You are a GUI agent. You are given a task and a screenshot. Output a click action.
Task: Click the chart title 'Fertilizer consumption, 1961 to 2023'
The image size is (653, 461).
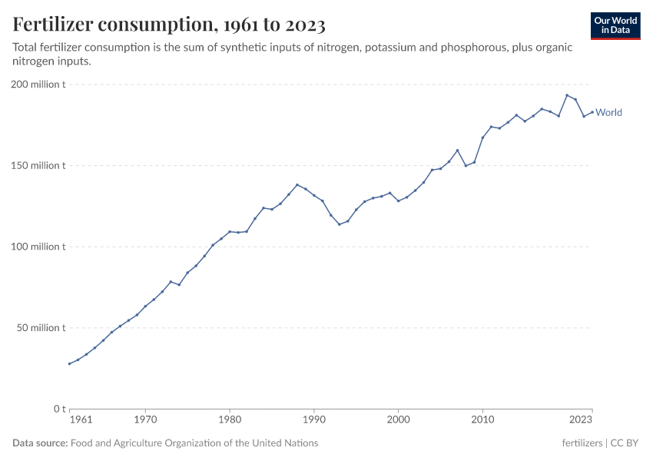pyautogui.click(x=169, y=25)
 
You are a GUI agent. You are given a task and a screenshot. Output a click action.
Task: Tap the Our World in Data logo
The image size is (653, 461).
pyautogui.click(x=615, y=25)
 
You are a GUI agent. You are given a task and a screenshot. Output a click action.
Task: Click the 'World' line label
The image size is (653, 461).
pyautogui.click(x=608, y=112)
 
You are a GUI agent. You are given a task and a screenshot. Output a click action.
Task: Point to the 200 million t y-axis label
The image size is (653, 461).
pyautogui.click(x=38, y=85)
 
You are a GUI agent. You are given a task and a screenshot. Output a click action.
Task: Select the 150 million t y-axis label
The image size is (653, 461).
pyautogui.click(x=38, y=165)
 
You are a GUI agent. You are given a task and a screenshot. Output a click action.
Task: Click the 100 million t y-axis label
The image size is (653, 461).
pyautogui.click(x=38, y=247)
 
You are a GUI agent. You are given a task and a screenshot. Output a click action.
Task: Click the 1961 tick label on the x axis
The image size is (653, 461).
pyautogui.click(x=81, y=420)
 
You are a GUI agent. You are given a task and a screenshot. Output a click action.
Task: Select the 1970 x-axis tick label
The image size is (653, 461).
pyautogui.click(x=145, y=420)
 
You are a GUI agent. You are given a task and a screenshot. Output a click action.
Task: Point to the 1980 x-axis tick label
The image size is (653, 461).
pyautogui.click(x=230, y=420)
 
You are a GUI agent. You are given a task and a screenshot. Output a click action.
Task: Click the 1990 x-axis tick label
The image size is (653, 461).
pyautogui.click(x=313, y=420)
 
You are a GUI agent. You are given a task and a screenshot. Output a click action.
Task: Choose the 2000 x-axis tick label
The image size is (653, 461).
pyautogui.click(x=398, y=420)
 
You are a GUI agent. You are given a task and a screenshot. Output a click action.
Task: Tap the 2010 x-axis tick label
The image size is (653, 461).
pyautogui.click(x=482, y=420)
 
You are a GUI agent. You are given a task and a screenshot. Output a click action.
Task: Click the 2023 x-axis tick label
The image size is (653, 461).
pyautogui.click(x=581, y=420)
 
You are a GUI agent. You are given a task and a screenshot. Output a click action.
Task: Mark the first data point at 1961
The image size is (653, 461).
pyautogui.click(x=70, y=363)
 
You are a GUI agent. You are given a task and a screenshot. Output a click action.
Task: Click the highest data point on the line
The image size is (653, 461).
pyautogui.click(x=567, y=95)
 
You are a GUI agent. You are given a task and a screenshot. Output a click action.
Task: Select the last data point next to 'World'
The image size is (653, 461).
pyautogui.click(x=592, y=112)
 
